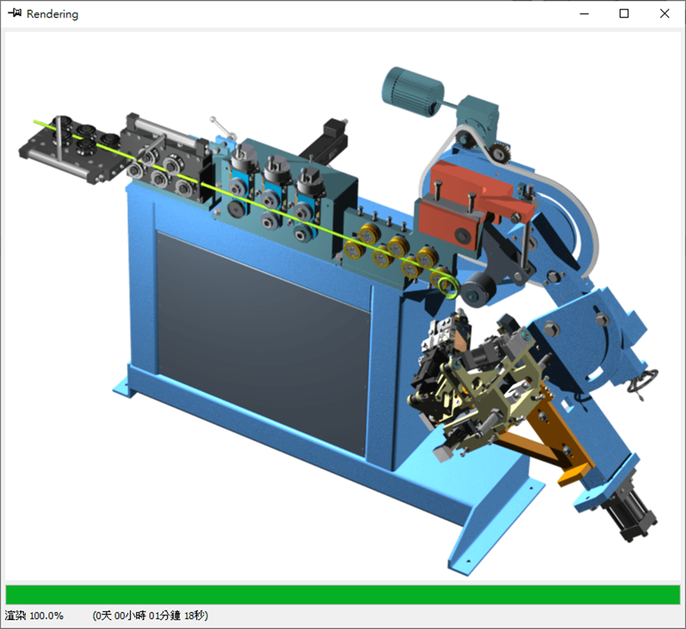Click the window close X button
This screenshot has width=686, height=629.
(x=664, y=14)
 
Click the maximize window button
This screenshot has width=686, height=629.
(x=624, y=14)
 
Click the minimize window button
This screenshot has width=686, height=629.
(x=584, y=14)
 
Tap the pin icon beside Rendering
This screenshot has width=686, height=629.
(x=15, y=13)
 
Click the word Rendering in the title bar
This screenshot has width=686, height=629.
(x=53, y=14)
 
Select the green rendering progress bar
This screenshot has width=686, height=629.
(x=343, y=594)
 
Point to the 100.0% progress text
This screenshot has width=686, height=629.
(x=46, y=616)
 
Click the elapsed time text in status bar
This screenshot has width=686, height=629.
(x=150, y=616)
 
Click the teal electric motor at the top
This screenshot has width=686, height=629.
(x=413, y=91)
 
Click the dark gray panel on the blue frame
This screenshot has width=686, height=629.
(x=263, y=337)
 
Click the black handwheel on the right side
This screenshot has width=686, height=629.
(x=643, y=381)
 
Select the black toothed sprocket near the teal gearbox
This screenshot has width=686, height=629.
(x=499, y=152)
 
